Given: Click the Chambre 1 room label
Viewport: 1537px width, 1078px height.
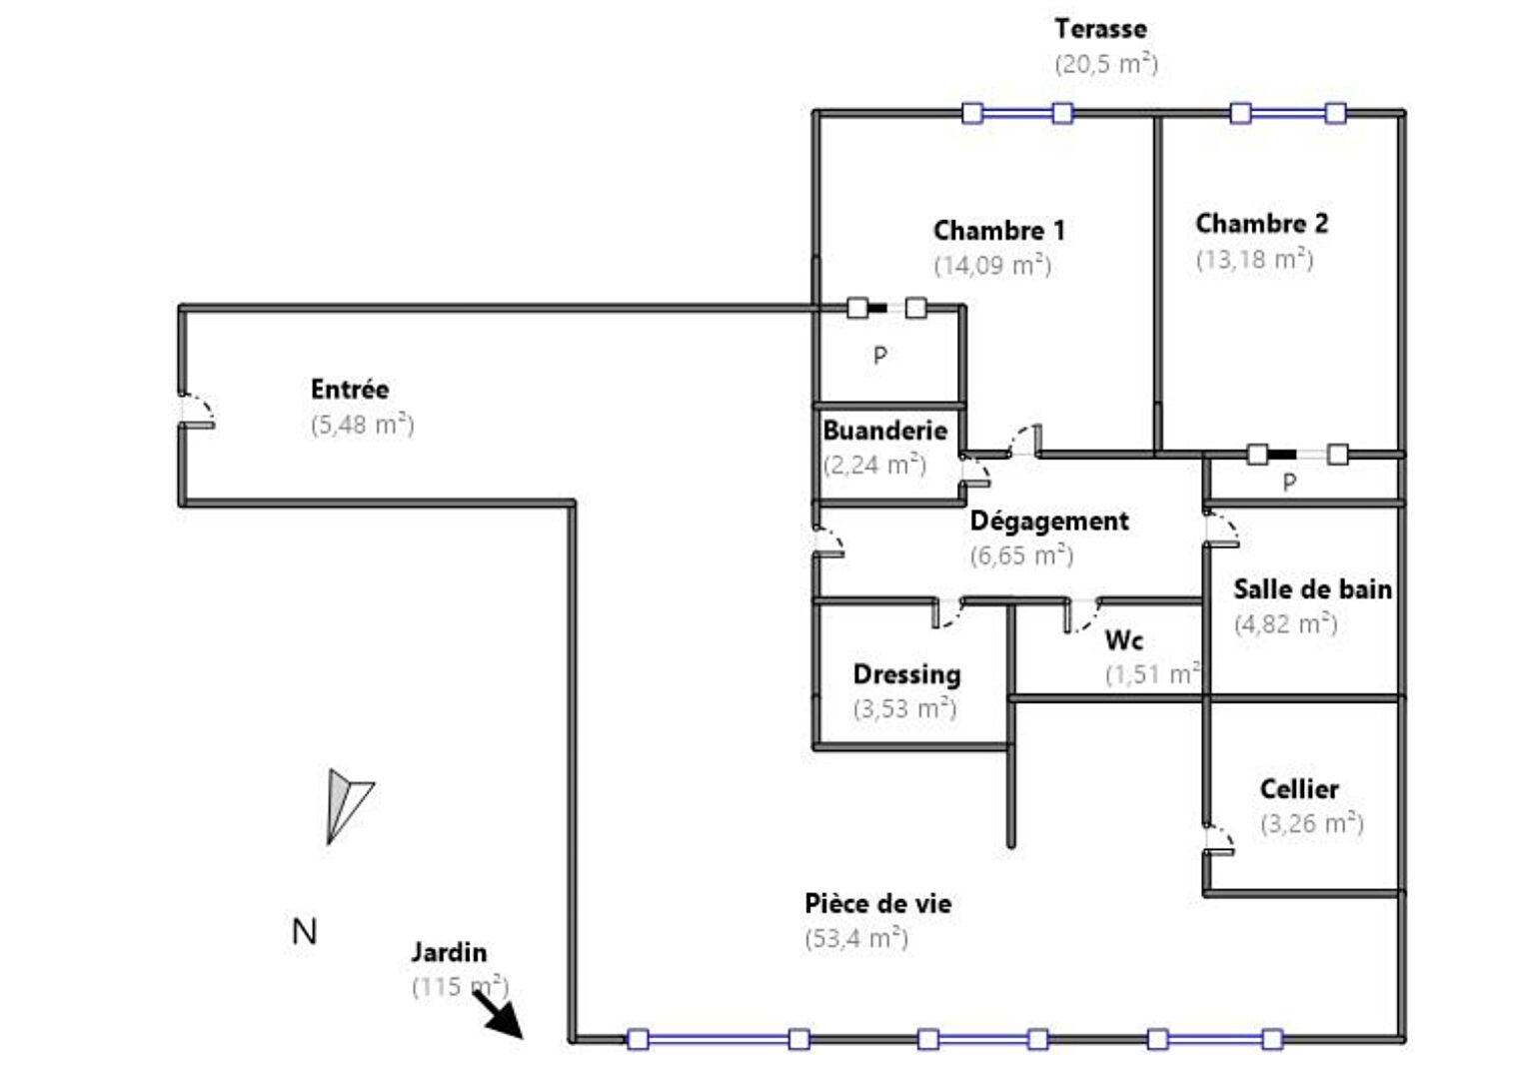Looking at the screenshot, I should coord(998,231).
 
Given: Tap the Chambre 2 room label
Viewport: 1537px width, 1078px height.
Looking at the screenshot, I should coord(1261,224).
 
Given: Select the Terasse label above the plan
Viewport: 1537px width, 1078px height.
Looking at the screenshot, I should coord(1099,29).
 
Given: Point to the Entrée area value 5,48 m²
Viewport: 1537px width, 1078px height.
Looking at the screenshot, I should coord(362,425).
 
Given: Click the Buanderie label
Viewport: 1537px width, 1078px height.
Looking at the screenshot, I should coord(884,431).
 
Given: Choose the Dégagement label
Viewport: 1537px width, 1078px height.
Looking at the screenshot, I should coord(1048,521).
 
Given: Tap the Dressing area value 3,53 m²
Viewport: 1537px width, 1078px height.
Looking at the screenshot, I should coord(904,708).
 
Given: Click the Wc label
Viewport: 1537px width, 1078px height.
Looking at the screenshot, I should coord(1123,639).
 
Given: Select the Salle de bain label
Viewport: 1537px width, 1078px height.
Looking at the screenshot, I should coord(1311,589).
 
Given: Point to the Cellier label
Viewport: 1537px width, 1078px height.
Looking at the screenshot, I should coord(1298,789).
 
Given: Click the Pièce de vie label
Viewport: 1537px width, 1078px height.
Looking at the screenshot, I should coord(877,903).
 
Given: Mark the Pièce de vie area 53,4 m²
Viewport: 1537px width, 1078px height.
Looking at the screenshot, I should coord(855,938).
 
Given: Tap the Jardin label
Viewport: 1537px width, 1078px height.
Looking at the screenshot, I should coord(449,952).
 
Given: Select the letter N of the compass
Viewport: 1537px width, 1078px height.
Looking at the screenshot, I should coord(304,932).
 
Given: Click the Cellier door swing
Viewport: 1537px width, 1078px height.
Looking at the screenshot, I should coord(1218,840).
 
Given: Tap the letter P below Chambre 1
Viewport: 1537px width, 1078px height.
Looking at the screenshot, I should coord(879,355).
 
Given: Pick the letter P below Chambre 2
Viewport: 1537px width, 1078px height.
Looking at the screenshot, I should coord(1289,483).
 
